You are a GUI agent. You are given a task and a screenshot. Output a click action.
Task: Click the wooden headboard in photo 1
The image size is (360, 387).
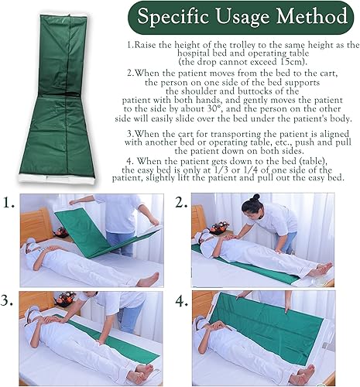[x=36, y=224]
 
